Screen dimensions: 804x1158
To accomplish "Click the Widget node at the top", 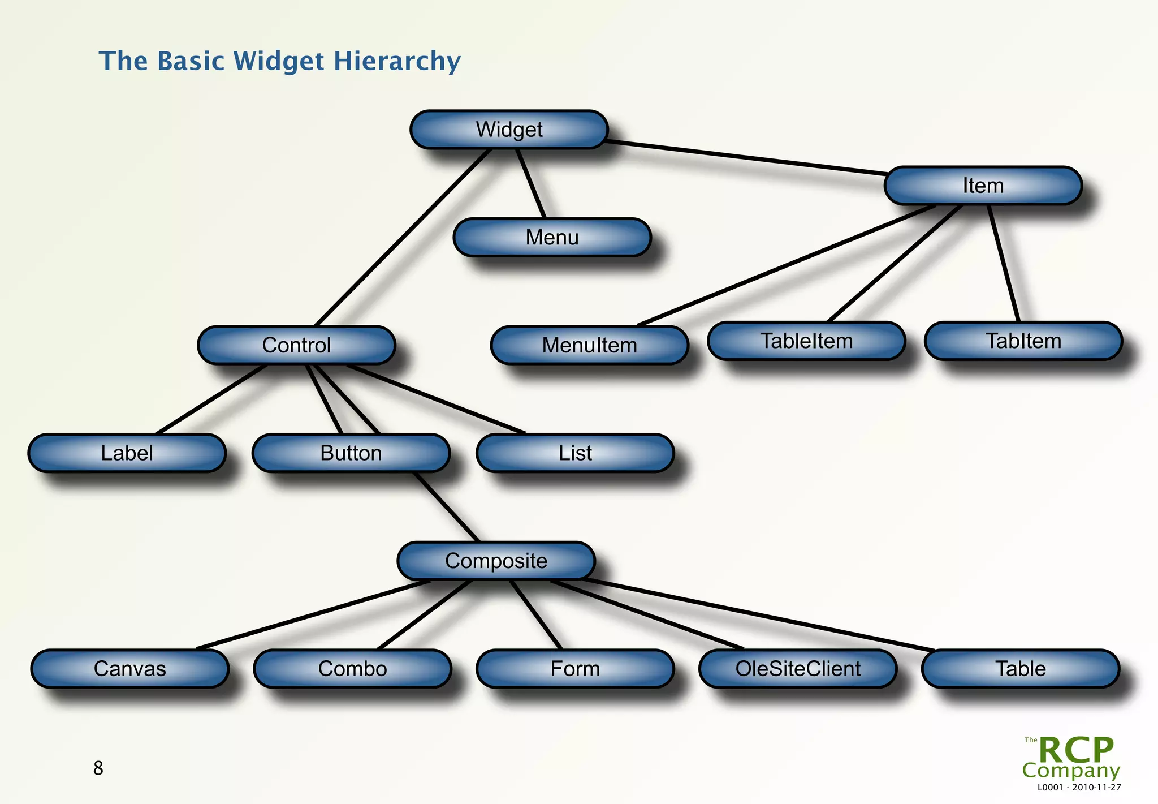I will (x=509, y=130).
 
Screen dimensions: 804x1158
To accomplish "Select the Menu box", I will (x=552, y=237).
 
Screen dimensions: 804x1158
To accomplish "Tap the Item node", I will (x=983, y=186).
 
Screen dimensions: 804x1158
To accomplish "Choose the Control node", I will (x=296, y=345).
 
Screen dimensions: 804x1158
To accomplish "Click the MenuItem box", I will (x=589, y=345).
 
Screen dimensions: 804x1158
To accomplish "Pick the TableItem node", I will (x=806, y=341).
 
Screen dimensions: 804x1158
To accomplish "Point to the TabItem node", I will (x=1023, y=341).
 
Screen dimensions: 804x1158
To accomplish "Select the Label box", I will (x=127, y=453).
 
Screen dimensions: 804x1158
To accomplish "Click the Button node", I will (x=351, y=453).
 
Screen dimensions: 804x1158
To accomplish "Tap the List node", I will (x=575, y=453).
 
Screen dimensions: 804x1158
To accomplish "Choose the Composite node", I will (x=496, y=561).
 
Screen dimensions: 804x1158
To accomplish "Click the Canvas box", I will (x=129, y=668).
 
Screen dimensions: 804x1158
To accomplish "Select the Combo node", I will (x=352, y=668).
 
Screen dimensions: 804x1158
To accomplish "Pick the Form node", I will (x=575, y=668).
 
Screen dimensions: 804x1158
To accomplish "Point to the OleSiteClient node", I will (x=798, y=668).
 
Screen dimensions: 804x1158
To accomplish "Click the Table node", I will (x=1020, y=668).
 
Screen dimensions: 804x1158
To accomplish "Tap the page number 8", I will (x=98, y=768).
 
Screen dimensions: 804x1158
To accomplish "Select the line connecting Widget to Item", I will (x=746, y=157).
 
